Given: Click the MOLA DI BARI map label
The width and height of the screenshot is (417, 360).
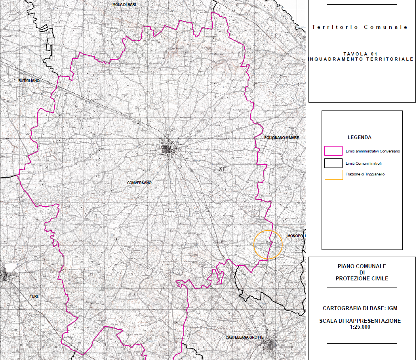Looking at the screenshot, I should pos(124,4).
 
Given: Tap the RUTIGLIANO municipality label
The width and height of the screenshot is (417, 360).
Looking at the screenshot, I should pos(29,81).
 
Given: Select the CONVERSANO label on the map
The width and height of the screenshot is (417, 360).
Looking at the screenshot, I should pos(139,183).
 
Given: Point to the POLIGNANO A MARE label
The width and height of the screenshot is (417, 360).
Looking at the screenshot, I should pos(282,138).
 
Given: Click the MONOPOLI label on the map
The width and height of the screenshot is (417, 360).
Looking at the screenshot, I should pos(297,236).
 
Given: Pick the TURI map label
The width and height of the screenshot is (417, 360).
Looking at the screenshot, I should pos(34,296).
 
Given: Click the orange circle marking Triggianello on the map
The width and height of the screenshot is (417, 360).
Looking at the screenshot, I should pos(268,245).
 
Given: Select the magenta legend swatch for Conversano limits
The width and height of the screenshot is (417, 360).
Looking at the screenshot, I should pos(333,151).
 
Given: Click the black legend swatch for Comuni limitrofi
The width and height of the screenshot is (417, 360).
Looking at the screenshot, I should pos(333,163).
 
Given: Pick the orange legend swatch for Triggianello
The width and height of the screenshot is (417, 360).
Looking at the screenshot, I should pos(333,175).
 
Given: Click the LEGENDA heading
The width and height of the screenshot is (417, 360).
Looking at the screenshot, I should pos(359,137).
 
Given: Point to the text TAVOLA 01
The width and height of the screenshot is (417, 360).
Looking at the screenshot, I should pos(360,54).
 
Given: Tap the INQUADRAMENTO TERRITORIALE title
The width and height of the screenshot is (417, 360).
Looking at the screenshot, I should pos(360,59).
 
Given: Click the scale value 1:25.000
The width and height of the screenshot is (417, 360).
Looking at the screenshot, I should pos(360,327).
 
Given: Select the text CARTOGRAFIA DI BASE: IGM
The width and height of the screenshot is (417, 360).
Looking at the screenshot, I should pos(360,308).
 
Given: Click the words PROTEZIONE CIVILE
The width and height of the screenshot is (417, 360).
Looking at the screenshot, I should pos(362,278).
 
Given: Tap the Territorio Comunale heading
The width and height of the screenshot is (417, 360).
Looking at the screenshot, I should pos(360,27).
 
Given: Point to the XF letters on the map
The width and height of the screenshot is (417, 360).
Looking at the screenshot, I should pos(223,169).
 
